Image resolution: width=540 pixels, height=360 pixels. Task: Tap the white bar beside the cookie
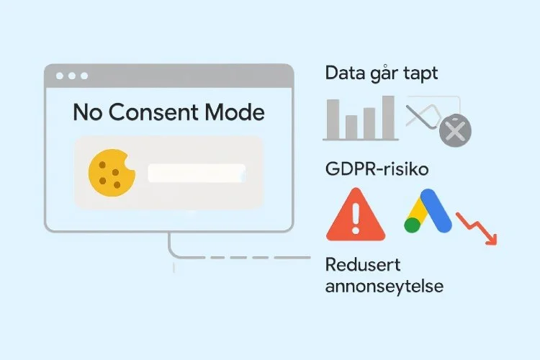pos(196,173)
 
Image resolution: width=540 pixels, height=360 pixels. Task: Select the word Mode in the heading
pos(236,113)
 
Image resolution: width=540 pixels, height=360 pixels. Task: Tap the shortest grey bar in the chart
pos(352,125)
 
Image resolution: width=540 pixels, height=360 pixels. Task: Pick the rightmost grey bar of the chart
pos(388,117)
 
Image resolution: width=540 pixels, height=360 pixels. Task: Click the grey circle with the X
pos(455,130)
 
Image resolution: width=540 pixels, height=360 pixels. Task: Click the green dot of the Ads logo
pos(413,224)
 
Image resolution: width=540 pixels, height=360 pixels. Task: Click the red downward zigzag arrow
pos(478,225)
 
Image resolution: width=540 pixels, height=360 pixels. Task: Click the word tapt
pos(421,74)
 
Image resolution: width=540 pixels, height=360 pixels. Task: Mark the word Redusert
pos(362,264)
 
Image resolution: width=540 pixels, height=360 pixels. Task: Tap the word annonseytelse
pos(384,286)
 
